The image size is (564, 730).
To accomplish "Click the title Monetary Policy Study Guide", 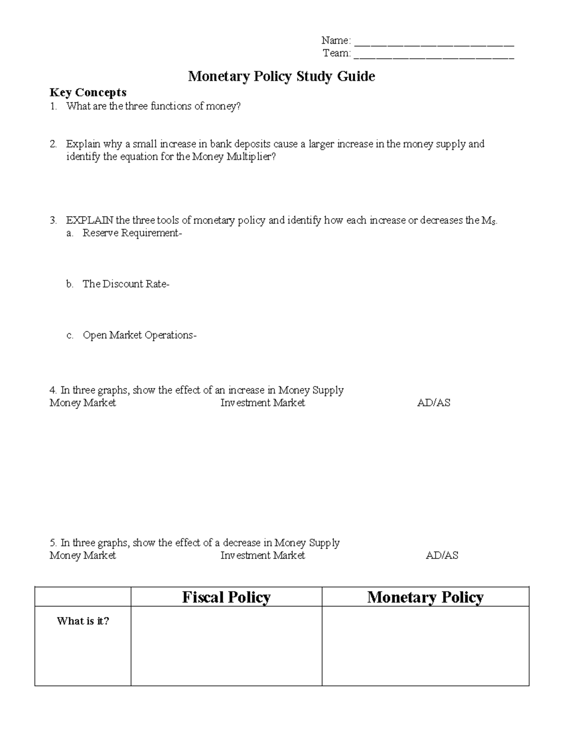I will [282, 76].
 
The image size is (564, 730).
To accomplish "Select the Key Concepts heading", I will [88, 92].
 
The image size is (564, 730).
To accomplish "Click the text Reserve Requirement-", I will [132, 233].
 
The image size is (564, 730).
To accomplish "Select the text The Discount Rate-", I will [125, 284].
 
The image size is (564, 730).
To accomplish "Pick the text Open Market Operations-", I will [140, 335].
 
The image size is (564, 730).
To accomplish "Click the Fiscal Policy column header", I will [226, 597].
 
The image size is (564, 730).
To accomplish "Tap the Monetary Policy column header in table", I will [425, 597].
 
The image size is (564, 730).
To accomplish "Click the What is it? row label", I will [83, 621].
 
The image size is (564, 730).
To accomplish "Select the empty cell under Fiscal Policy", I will [226, 646].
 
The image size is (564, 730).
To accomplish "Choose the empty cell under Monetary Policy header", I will [425, 646].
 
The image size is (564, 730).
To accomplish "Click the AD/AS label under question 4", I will [433, 403].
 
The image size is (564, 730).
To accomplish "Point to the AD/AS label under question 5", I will [442, 556].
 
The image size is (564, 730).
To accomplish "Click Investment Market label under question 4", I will [262, 403].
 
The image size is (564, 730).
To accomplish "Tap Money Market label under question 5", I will [83, 556].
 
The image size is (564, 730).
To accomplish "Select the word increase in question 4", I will [246, 390].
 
